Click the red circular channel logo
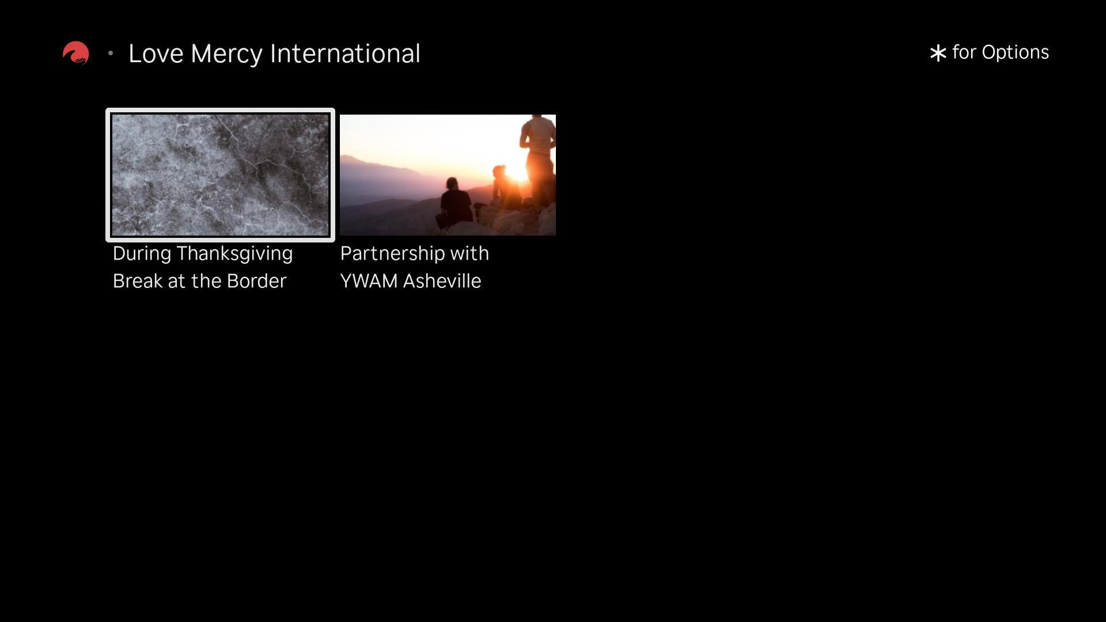click(x=75, y=53)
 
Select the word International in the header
click(x=345, y=54)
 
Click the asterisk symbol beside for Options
click(x=938, y=54)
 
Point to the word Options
click(x=1015, y=53)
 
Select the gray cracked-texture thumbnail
click(x=220, y=175)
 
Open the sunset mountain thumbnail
click(x=448, y=175)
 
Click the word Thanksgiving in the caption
click(x=234, y=254)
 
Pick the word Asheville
click(x=442, y=281)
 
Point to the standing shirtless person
click(x=538, y=161)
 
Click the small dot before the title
click(x=111, y=54)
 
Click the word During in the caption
click(x=142, y=254)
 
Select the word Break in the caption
click(x=138, y=281)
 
